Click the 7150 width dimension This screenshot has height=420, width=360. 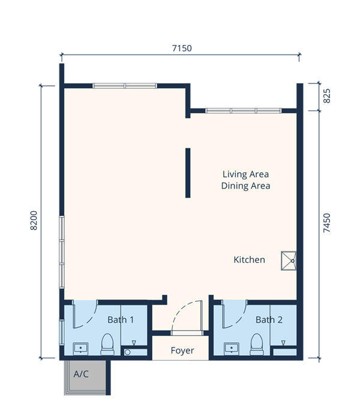coord(182,48)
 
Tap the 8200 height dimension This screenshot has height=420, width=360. coord(34,220)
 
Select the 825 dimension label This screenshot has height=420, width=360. coord(327,96)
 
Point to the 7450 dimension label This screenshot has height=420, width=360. coord(327,223)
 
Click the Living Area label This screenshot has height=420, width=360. coord(245,175)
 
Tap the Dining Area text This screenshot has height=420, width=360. coord(245,186)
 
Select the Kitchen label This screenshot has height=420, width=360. coord(250,260)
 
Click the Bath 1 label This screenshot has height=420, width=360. coord(121,320)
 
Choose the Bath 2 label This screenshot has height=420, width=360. coord(269,320)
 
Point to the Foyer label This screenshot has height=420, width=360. coord(182,350)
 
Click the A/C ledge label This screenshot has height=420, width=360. coord(81,374)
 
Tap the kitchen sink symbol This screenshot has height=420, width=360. coord(289,260)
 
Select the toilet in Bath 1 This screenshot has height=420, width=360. coord(107,344)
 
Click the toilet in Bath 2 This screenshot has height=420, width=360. coord(257,344)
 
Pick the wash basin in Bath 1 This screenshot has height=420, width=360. coord(80,349)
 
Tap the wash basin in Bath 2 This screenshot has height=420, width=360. coord(232,349)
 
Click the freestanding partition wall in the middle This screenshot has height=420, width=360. coord(188,173)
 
